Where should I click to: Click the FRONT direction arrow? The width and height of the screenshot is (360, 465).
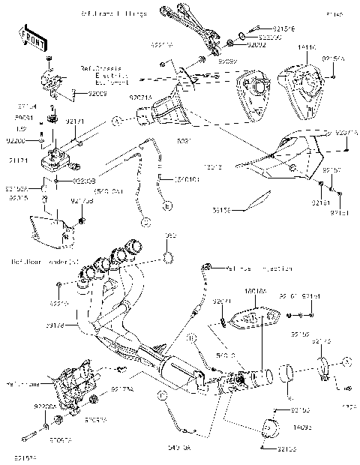pyautogui.click(x=29, y=38)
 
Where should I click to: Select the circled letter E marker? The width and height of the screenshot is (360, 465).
pyautogui.click(x=167, y=205)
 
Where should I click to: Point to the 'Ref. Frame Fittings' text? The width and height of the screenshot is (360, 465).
pyautogui.click(x=112, y=13)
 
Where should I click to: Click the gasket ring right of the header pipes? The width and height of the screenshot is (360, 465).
pyautogui.click(x=169, y=259)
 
